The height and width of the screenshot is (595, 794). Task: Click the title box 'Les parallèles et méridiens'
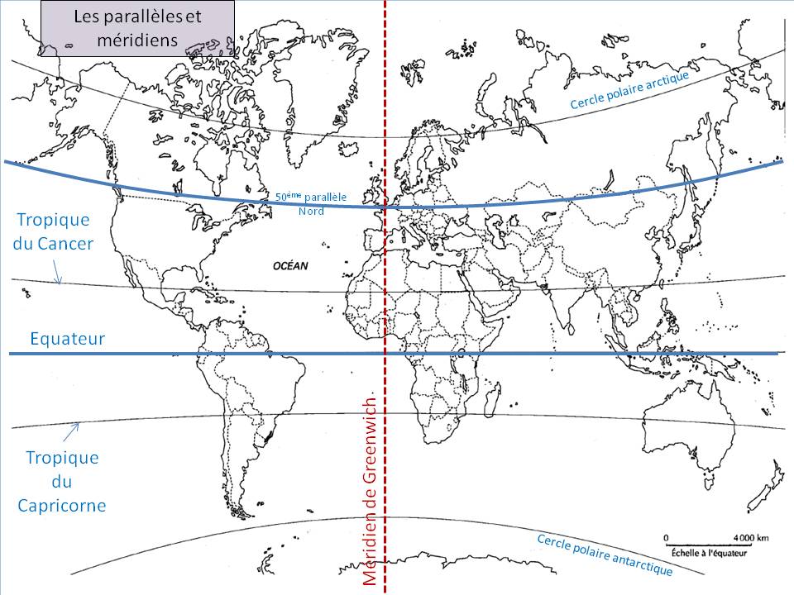coord(137,28)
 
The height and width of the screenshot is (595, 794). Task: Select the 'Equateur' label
coord(67,338)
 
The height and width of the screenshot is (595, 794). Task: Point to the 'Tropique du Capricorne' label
coord(62,481)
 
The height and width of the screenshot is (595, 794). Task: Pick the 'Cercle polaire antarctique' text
coord(604,555)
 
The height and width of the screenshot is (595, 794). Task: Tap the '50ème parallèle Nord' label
coord(311,203)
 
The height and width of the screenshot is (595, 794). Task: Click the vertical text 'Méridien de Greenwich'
coord(370,492)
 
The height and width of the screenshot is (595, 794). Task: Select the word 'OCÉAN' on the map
coord(289,266)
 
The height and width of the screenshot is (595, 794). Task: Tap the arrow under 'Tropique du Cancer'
coord(56,272)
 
